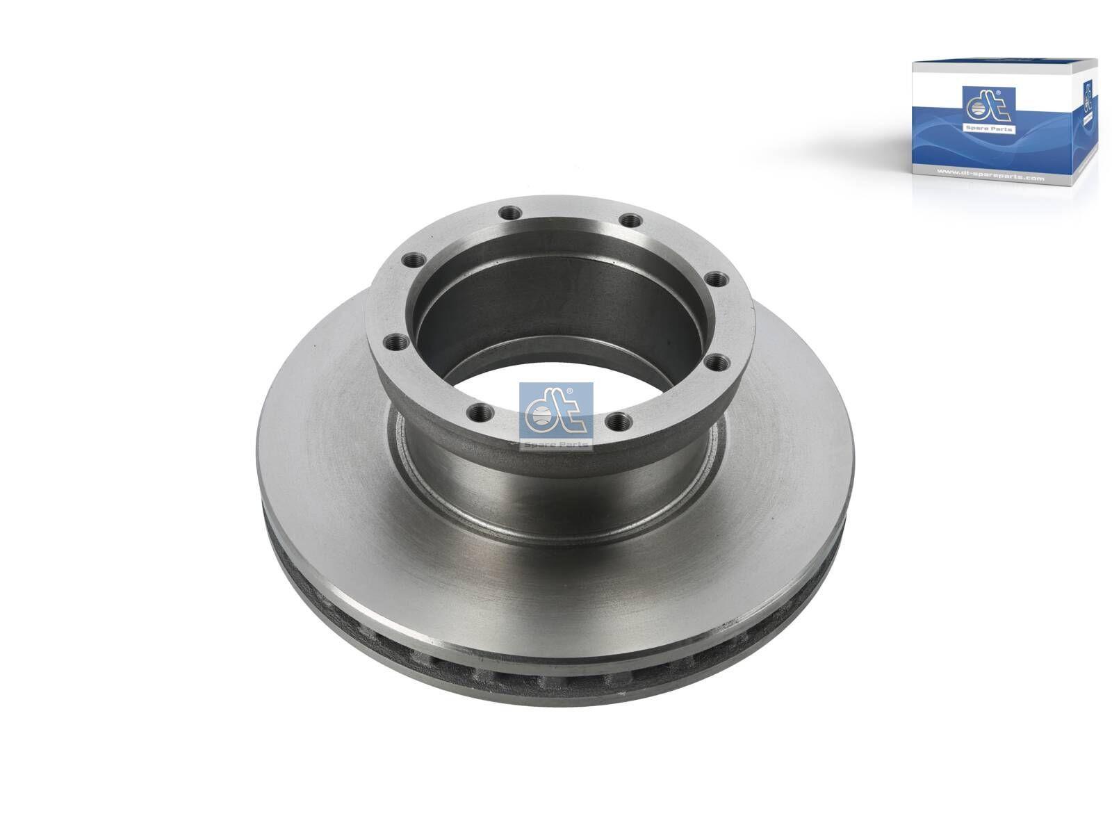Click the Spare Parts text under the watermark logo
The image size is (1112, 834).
pos(556,444)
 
